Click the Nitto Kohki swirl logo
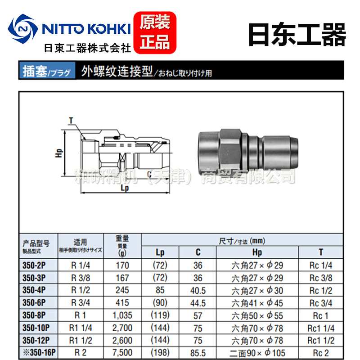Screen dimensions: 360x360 (x=24, y=29)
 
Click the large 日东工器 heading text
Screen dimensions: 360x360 (x=297, y=34)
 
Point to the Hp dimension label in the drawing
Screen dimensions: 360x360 (x=58, y=154)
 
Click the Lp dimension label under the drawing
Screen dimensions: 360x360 (x=125, y=188)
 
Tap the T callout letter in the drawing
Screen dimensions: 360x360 (x=71, y=120)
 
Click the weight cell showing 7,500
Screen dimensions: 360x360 (x=122, y=352)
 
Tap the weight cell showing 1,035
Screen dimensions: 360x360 (x=122, y=315)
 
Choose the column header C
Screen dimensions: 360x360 (x=198, y=252)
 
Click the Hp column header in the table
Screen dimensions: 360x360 (x=257, y=252)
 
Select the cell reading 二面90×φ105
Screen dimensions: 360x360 (x=257, y=352)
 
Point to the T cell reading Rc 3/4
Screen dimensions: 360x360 (x=320, y=302)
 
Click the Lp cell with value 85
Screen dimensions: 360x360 (x=160, y=290)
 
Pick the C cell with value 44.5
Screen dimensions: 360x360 (x=198, y=302)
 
